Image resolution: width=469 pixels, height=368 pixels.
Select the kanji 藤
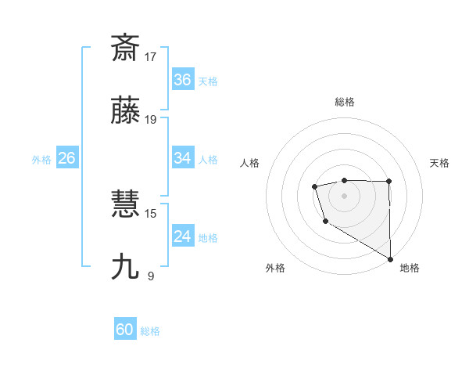click(x=126, y=112)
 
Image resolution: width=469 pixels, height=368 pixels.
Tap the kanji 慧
click(x=126, y=205)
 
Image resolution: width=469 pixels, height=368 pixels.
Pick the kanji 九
click(x=126, y=267)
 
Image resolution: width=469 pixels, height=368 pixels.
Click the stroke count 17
click(x=152, y=56)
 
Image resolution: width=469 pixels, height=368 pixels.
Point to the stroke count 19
click(x=152, y=120)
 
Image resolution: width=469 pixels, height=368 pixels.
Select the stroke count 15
click(x=152, y=213)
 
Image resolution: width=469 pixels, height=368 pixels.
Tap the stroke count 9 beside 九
click(x=151, y=276)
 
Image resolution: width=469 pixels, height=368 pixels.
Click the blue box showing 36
click(x=183, y=80)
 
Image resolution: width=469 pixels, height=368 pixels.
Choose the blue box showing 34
click(x=183, y=158)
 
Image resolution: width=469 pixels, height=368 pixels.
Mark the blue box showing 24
click(x=183, y=236)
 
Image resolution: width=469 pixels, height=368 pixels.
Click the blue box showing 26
click(x=66, y=158)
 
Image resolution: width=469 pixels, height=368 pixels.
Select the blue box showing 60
click(x=125, y=330)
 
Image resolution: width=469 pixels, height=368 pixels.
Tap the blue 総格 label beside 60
click(x=151, y=331)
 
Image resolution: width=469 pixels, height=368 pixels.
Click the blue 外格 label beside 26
click(x=41, y=160)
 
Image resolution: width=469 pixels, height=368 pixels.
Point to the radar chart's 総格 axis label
click(x=345, y=102)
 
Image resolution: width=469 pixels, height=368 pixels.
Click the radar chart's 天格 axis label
click(x=440, y=163)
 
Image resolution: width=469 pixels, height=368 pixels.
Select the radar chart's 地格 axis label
click(x=410, y=268)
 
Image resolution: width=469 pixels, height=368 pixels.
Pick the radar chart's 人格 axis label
click(x=249, y=163)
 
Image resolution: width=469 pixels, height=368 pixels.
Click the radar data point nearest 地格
click(x=391, y=259)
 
